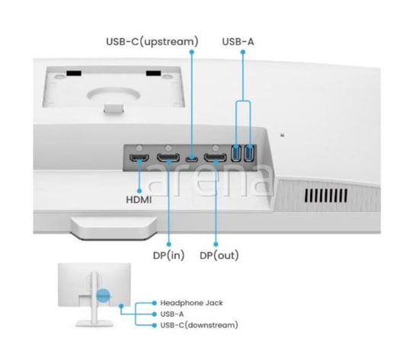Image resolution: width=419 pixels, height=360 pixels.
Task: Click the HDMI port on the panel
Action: click(x=139, y=158)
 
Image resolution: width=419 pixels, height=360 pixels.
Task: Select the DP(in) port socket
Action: click(x=168, y=158)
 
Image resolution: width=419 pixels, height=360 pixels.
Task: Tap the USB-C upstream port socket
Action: click(x=192, y=159)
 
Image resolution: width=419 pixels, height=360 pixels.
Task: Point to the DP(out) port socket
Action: click(x=215, y=158)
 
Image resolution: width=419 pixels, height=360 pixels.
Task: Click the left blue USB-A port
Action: click(x=236, y=153)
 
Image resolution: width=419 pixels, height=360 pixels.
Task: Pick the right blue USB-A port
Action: click(x=248, y=153)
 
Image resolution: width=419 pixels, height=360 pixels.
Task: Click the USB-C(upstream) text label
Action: click(x=152, y=42)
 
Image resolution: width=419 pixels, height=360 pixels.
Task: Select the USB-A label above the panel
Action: click(x=238, y=42)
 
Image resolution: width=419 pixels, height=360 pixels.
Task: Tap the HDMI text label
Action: click(x=139, y=199)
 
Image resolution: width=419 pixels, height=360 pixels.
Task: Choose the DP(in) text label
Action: click(x=168, y=256)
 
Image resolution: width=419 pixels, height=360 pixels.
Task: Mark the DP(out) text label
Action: click(x=219, y=256)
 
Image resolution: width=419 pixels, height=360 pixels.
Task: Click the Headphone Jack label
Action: click(x=191, y=303)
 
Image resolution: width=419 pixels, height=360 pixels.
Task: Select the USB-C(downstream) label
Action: click(x=199, y=325)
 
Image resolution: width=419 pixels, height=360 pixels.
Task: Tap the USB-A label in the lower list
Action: click(x=172, y=314)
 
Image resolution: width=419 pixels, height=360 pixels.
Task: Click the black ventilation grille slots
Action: click(x=326, y=196)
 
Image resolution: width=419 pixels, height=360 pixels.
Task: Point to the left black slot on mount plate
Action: click(x=74, y=73)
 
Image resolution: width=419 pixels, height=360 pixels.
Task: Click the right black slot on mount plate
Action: click(x=153, y=73)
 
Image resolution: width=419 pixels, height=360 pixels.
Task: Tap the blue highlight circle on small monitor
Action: click(x=103, y=295)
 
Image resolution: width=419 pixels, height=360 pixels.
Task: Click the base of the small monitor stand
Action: click(x=94, y=323)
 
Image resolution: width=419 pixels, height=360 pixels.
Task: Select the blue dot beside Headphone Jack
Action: click(x=154, y=303)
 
